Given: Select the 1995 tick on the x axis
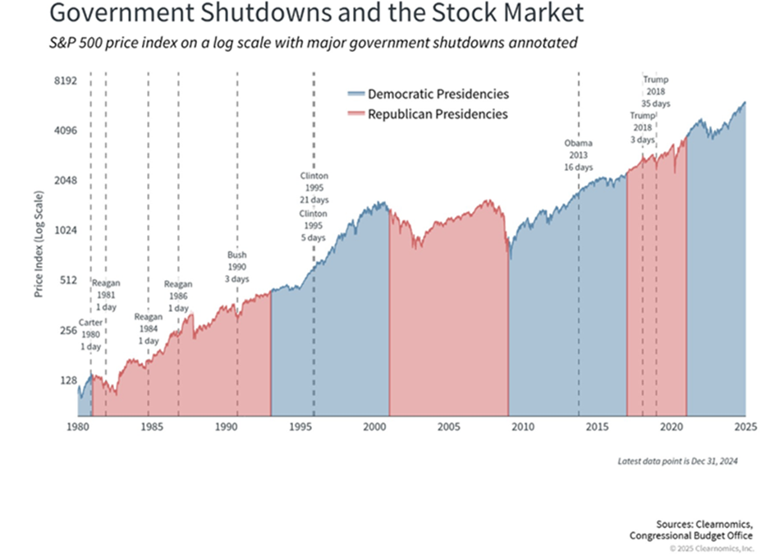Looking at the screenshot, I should coord(300,428).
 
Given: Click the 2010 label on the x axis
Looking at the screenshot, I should coord(523,428).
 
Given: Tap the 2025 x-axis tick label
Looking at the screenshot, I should coord(745,428).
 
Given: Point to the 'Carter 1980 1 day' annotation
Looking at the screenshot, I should coord(91,334).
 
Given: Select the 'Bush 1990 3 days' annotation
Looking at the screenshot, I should coord(237,267).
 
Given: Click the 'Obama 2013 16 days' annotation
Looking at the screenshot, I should coord(578,154).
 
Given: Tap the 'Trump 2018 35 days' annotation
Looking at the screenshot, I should coord(655,92).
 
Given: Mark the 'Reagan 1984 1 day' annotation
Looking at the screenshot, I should coord(149,328).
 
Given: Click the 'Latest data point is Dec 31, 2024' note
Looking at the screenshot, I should coord(677,462).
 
